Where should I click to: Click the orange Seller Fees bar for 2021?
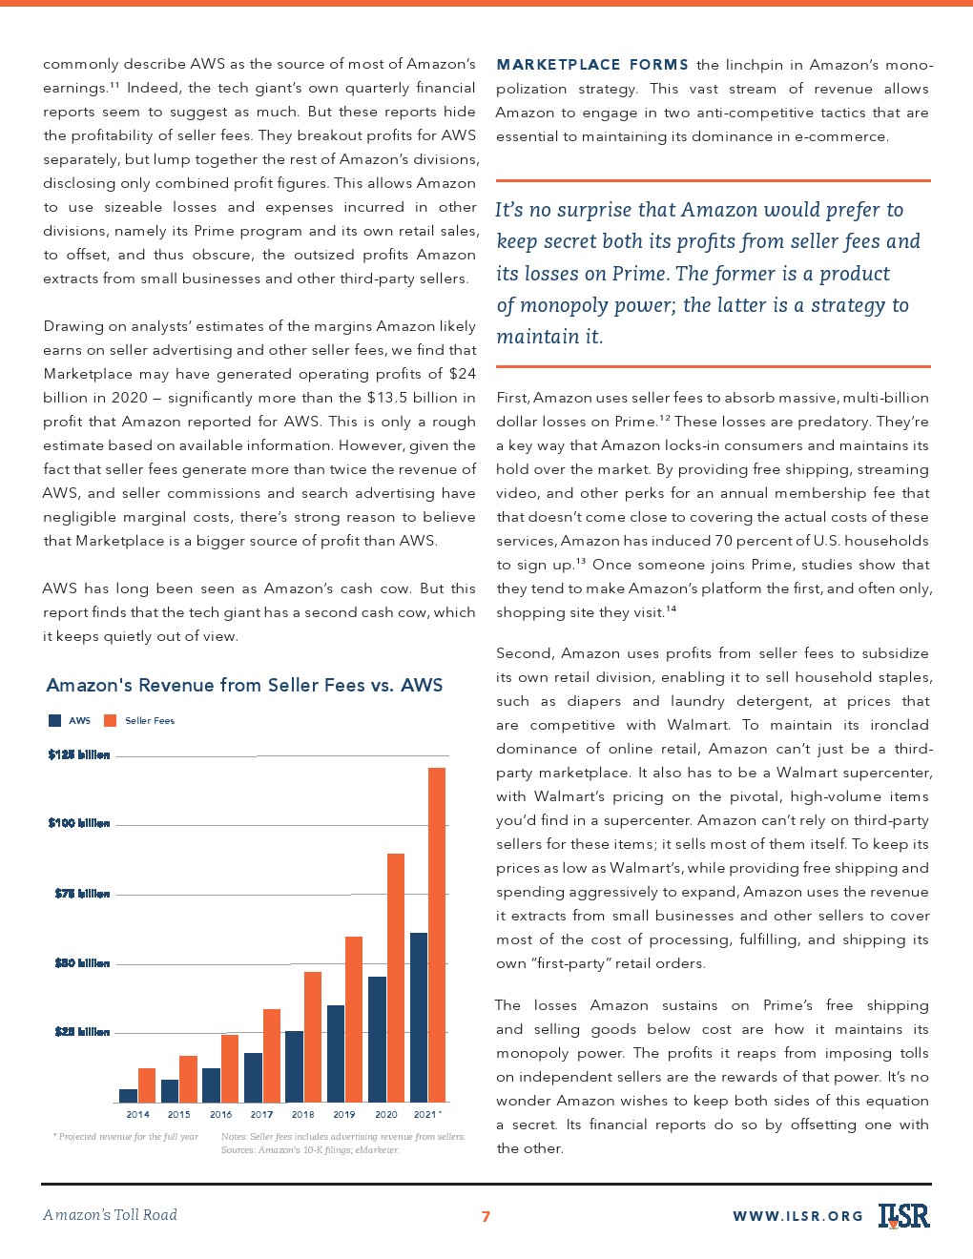click(x=437, y=935)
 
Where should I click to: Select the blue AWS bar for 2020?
click(x=377, y=1040)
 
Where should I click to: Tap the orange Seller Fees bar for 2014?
click(x=146, y=1085)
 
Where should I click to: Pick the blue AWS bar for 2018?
click(x=294, y=1066)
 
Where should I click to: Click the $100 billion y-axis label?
click(x=79, y=823)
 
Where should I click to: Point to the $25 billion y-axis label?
click(x=82, y=1032)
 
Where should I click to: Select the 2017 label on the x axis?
click(x=261, y=1114)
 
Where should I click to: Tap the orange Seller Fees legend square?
click(x=110, y=720)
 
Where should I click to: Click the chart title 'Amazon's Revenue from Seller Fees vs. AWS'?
click(x=244, y=685)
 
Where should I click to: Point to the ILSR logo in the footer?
click(x=903, y=1215)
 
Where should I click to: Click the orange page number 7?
click(x=486, y=1216)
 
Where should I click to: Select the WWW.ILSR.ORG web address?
click(x=797, y=1216)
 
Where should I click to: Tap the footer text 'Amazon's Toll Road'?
click(x=110, y=1215)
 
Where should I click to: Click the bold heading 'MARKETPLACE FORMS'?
click(x=591, y=65)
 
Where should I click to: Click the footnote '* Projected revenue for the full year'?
click(x=126, y=1137)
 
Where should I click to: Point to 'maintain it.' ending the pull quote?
click(x=549, y=337)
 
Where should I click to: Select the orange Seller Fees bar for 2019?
click(x=353, y=1020)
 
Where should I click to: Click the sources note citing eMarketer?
click(x=310, y=1150)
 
